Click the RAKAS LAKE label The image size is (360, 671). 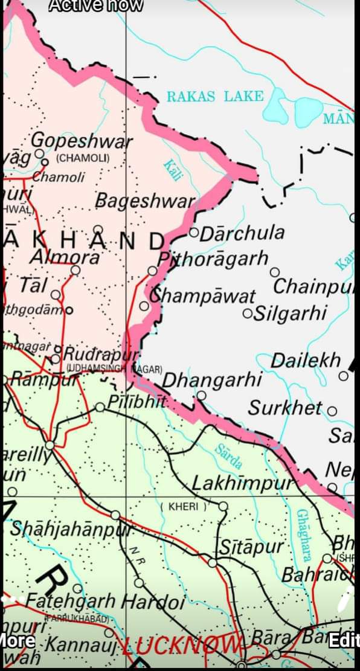215,96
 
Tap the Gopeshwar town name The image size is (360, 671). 82,141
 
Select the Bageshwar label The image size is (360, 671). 145,201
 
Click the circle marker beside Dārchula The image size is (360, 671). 194,232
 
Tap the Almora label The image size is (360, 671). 65,257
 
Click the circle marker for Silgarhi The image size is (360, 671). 246,313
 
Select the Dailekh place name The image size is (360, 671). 306,361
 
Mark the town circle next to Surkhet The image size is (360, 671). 332,411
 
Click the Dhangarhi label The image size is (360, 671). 211,380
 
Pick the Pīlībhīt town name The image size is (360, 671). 137,401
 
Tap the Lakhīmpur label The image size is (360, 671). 246,483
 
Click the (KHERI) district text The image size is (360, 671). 184,506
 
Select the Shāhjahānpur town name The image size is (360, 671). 71,529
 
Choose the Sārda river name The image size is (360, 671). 230,456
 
